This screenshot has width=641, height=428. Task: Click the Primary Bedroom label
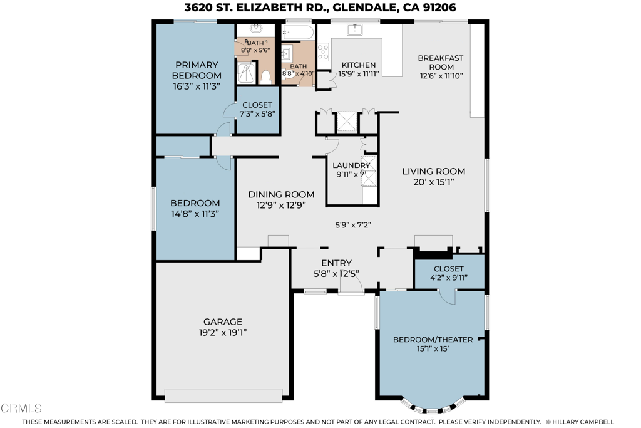[197, 65]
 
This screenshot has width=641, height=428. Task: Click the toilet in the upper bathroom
[265, 76]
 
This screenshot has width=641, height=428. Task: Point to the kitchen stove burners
[323, 52]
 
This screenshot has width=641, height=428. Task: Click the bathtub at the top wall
[299, 33]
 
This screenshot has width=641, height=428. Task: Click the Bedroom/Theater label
[433, 340]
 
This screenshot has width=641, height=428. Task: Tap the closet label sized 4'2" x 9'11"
[448, 268]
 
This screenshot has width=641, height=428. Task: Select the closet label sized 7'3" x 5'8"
[257, 105]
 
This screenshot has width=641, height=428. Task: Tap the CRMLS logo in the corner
[21, 408]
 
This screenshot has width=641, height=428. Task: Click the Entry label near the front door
[336, 263]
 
